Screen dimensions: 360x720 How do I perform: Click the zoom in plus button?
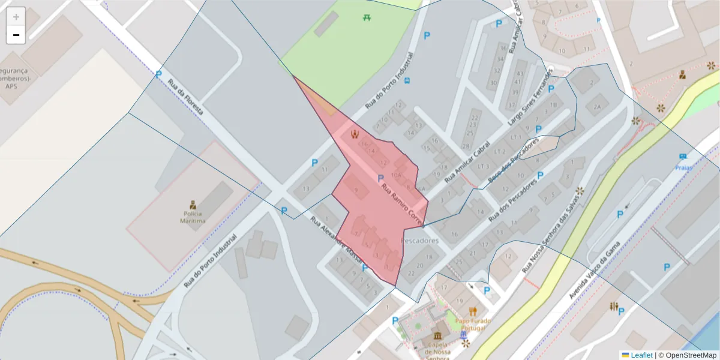(x=16, y=16)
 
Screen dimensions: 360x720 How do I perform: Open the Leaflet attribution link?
(x=641, y=355)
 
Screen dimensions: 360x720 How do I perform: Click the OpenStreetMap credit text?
(x=687, y=355)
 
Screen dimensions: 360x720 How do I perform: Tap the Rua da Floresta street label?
(x=185, y=98)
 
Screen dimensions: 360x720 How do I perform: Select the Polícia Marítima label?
(x=193, y=217)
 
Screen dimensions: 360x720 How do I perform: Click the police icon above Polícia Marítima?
(x=193, y=204)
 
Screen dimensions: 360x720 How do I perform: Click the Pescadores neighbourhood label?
(x=419, y=241)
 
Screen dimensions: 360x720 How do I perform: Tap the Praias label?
(x=683, y=168)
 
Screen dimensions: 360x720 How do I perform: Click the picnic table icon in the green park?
(x=367, y=17)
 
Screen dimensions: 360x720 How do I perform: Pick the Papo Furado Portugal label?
(x=473, y=325)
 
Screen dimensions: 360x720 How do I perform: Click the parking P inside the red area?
(x=380, y=178)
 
